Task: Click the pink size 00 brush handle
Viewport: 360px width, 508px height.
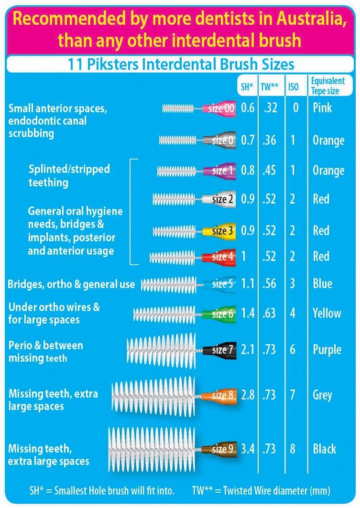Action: click(220, 108)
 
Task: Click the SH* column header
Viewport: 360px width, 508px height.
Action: click(247, 87)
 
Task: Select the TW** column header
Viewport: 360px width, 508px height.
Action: click(270, 87)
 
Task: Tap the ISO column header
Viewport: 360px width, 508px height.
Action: click(294, 87)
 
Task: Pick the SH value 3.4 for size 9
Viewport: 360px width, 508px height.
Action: click(247, 449)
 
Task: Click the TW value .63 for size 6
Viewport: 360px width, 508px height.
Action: click(269, 314)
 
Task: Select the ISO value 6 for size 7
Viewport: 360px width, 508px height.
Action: click(292, 350)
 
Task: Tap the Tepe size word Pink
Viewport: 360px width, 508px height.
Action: click(322, 108)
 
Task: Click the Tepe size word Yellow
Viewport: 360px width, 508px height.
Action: click(327, 314)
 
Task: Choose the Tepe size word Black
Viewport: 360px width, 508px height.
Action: click(324, 449)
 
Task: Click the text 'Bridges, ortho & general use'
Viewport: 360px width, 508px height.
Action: click(71, 285)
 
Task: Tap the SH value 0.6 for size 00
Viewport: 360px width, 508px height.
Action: click(247, 108)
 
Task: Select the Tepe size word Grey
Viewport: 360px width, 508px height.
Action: click(323, 395)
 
